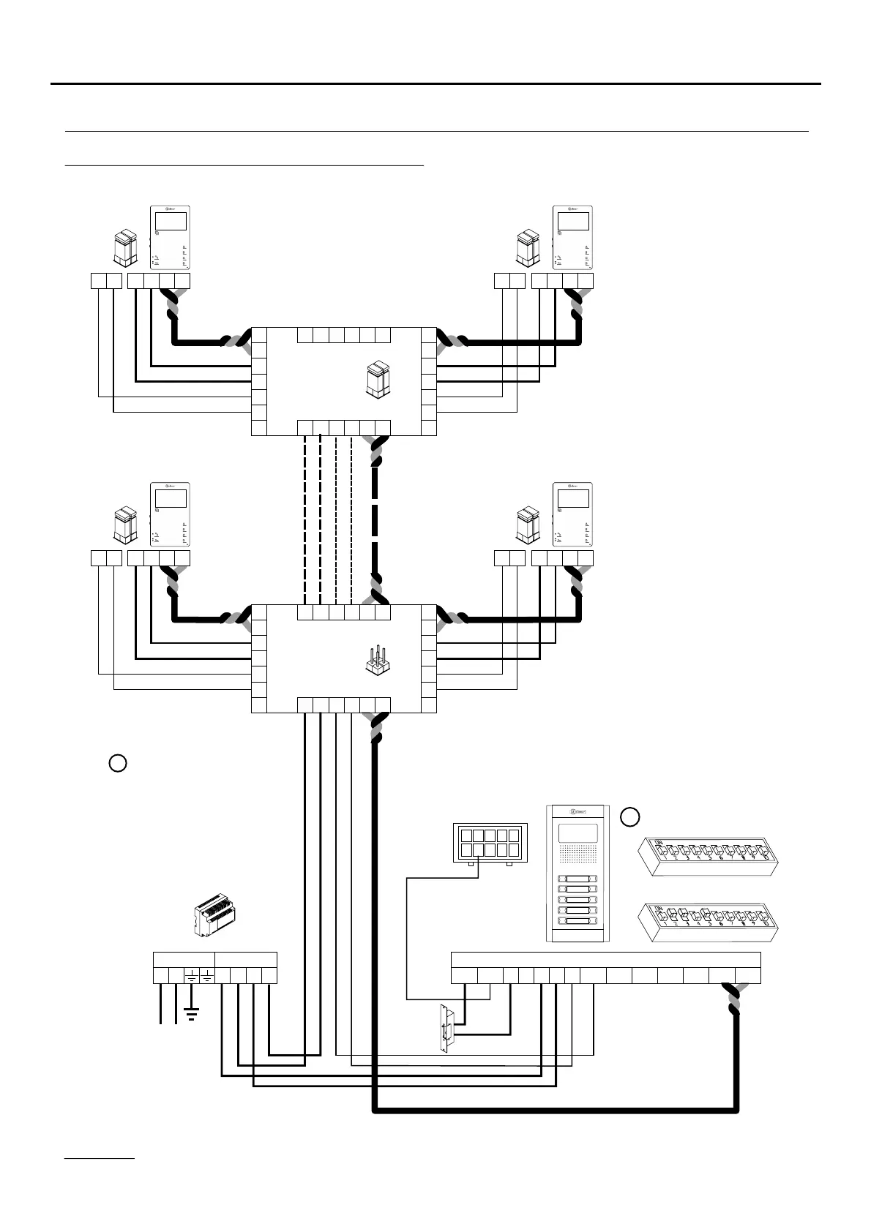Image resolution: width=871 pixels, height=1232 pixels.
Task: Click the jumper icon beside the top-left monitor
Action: tap(124, 247)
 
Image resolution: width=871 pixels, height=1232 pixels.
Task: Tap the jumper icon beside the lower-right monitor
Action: tap(527, 525)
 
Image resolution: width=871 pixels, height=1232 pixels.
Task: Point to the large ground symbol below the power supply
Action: tap(191, 1014)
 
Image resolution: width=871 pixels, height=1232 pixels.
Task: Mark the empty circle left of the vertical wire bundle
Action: tap(117, 763)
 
